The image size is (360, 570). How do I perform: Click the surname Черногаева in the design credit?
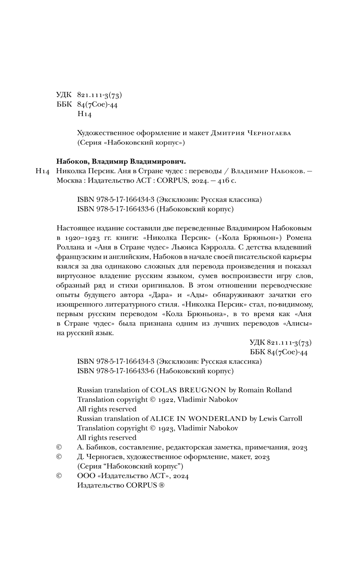[x=269, y=133]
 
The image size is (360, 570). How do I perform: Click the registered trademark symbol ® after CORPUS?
[x=162, y=485]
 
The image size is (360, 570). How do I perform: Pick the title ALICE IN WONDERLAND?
[x=199, y=419]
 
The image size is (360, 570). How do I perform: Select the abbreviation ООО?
[x=85, y=476]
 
